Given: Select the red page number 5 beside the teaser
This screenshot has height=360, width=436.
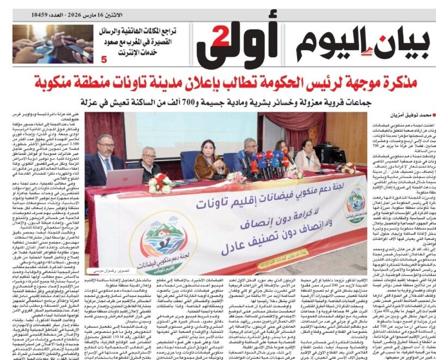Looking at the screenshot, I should (104, 58).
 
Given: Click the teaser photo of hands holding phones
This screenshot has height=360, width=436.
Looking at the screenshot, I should (52, 44).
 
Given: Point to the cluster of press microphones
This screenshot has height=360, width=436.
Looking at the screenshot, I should (267, 164).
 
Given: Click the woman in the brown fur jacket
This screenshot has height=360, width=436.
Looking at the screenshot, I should (209, 158).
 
